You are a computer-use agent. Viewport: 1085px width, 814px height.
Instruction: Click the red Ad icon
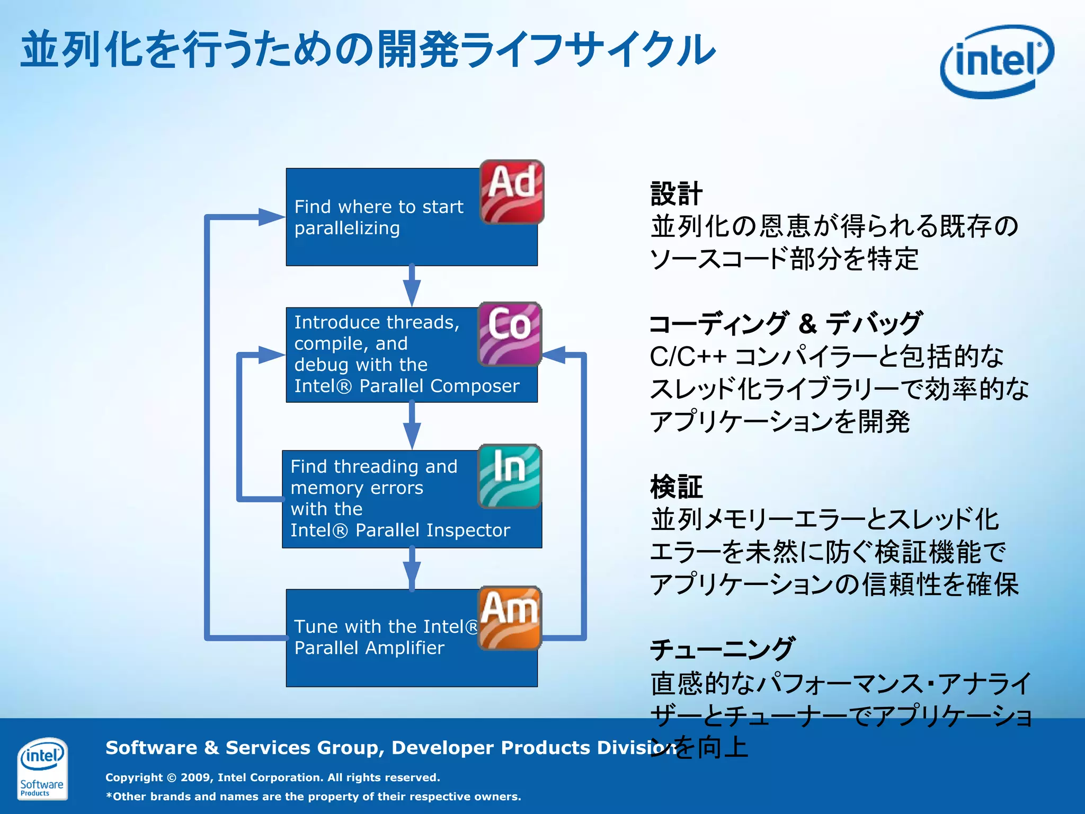[x=512, y=192]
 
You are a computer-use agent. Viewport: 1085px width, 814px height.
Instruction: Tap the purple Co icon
[x=510, y=334]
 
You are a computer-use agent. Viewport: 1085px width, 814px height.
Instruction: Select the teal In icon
[x=510, y=476]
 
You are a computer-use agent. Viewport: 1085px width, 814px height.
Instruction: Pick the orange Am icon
[x=510, y=618]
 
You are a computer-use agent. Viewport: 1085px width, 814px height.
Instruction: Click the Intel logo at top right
[x=997, y=61]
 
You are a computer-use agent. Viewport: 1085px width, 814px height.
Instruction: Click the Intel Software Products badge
[x=42, y=768]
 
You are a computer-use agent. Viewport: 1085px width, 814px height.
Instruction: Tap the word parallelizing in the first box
[x=347, y=228]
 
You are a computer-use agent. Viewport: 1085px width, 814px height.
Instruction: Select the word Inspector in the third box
[x=468, y=530]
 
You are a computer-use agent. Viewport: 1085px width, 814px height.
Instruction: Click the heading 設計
[x=676, y=193]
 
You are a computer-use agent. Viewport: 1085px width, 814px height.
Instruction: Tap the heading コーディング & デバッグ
[x=786, y=323]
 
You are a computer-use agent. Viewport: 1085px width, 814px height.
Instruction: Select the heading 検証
[x=676, y=487]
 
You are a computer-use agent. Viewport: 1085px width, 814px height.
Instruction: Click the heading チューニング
[x=722, y=649]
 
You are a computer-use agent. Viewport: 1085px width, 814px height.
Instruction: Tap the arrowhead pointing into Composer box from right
[x=554, y=355]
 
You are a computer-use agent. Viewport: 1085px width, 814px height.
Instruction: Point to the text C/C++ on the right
[x=688, y=357]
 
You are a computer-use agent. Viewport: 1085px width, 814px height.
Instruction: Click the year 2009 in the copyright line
[x=197, y=777]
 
